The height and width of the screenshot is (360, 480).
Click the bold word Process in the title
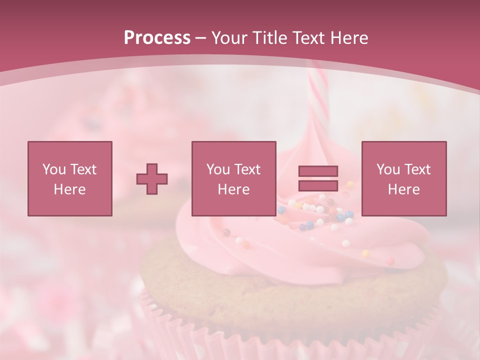[x=157, y=38]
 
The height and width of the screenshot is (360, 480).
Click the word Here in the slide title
[x=350, y=38]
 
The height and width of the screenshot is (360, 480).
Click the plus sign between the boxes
[x=152, y=178]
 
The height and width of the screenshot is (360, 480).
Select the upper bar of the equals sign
[x=318, y=171]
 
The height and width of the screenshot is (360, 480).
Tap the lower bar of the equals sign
[x=318, y=185]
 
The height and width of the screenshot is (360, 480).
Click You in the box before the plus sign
[x=53, y=169]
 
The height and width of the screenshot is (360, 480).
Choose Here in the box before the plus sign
[x=69, y=189]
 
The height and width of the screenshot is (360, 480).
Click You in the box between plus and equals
[x=217, y=169]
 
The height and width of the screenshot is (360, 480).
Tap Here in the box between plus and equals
[x=233, y=189]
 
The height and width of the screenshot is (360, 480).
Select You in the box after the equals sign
[x=387, y=169]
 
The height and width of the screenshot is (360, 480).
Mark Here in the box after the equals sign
[x=403, y=189]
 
